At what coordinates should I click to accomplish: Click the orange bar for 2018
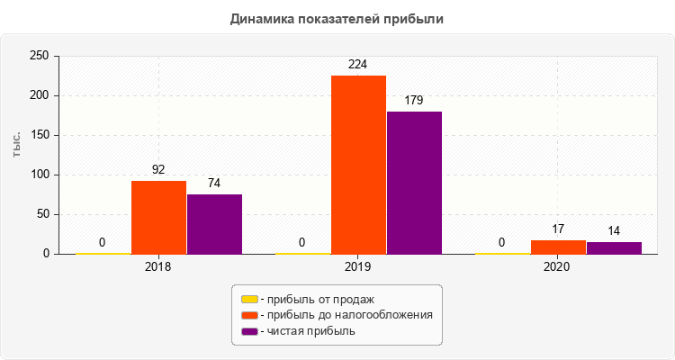[158, 217]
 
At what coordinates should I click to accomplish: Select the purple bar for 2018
[214, 224]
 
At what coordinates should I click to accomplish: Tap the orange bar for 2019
[358, 165]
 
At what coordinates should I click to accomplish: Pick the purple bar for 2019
[414, 183]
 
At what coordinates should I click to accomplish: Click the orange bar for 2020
[558, 247]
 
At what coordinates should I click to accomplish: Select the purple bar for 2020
[614, 247]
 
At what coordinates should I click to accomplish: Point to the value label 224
[358, 64]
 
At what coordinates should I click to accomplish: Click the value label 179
[414, 100]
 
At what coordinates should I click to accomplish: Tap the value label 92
[158, 169]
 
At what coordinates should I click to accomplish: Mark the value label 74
[214, 183]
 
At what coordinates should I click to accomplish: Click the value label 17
[558, 229]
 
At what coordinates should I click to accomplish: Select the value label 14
[614, 230]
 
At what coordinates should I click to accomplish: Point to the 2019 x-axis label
[358, 267]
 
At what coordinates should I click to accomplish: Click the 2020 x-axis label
[558, 267]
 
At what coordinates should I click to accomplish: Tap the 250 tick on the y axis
[39, 56]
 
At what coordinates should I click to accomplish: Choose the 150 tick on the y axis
[39, 135]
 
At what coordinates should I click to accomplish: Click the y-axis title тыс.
[17, 149]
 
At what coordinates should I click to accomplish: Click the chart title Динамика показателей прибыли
[337, 18]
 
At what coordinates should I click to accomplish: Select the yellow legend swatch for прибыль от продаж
[249, 299]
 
